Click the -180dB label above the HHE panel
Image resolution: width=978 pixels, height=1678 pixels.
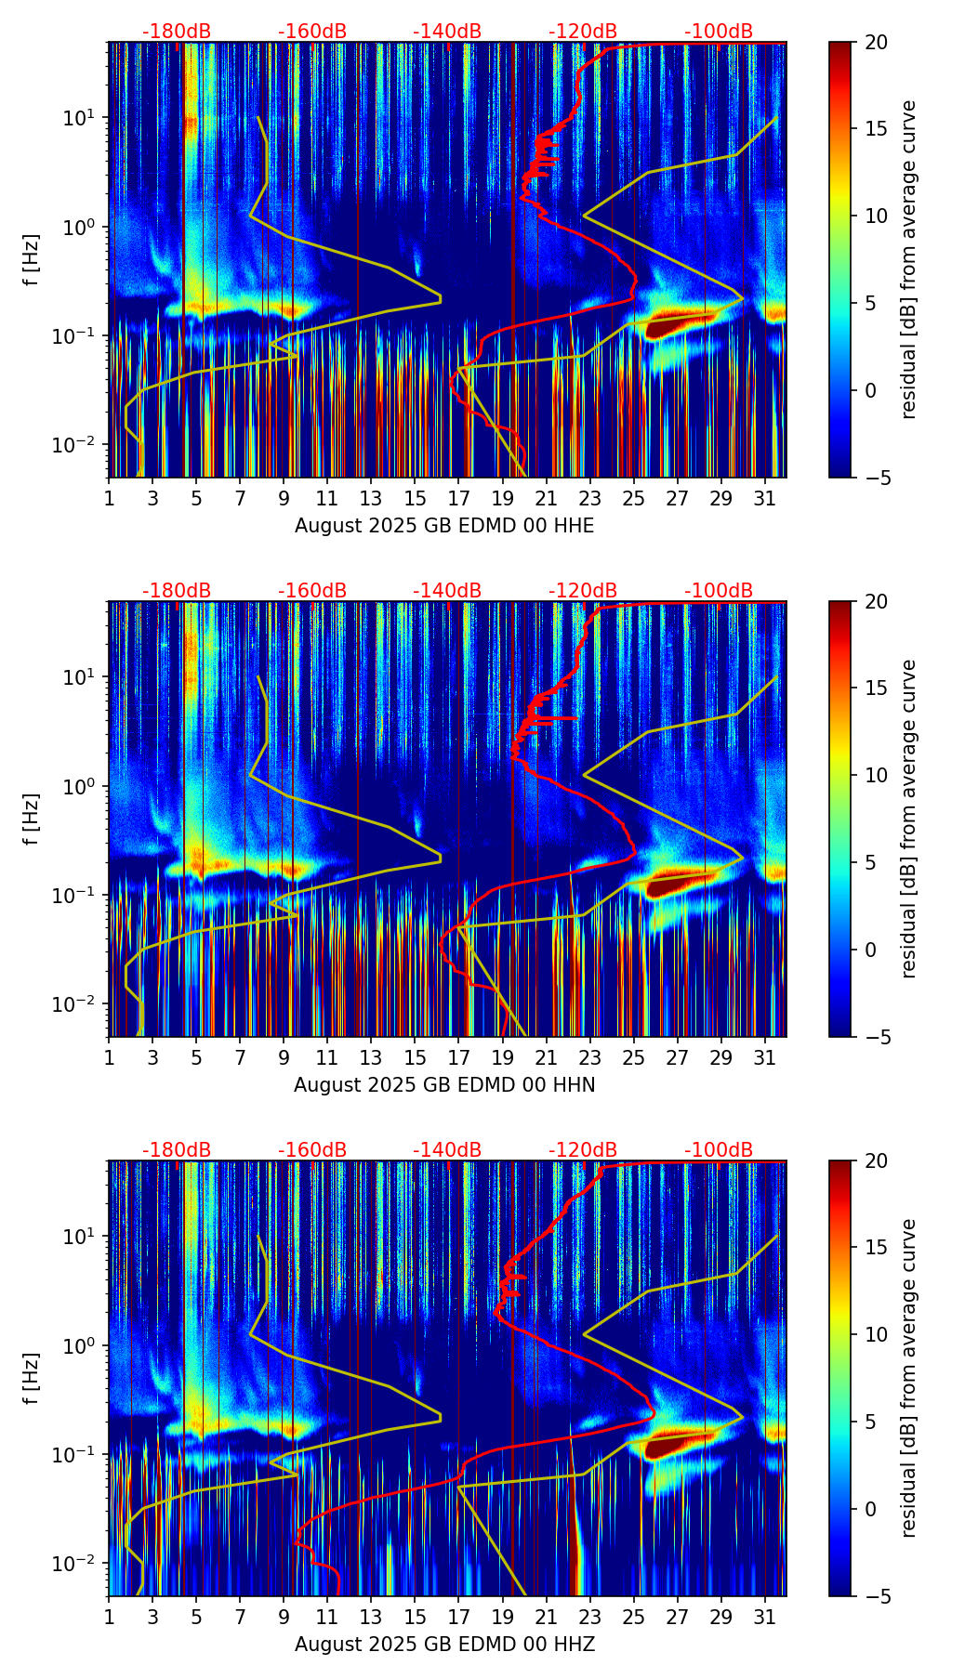pos(177,32)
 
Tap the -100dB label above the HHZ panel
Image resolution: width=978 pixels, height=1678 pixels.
pos(719,1150)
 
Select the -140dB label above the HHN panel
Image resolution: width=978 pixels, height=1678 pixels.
pos(447,591)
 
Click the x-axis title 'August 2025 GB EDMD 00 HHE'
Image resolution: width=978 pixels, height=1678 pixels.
pos(444,526)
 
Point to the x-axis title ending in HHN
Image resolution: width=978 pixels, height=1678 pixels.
pos(444,1085)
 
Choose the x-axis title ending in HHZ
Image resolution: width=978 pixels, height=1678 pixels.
pos(444,1645)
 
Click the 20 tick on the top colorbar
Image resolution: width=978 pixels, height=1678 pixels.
pos(876,42)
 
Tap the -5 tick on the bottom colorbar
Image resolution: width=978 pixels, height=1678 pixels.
pos(874,1596)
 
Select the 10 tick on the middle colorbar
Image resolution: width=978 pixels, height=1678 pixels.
pos(876,775)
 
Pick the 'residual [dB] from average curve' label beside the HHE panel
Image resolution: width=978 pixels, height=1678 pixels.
pos(909,259)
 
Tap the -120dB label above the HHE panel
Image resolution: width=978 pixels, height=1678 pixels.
pos(583,32)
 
